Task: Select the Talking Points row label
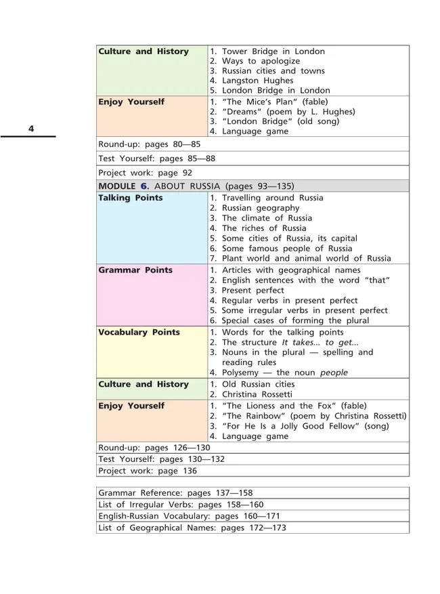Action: click(x=131, y=198)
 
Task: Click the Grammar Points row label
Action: click(x=135, y=270)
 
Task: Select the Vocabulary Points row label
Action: click(x=139, y=333)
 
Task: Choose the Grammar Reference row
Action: click(x=175, y=493)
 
